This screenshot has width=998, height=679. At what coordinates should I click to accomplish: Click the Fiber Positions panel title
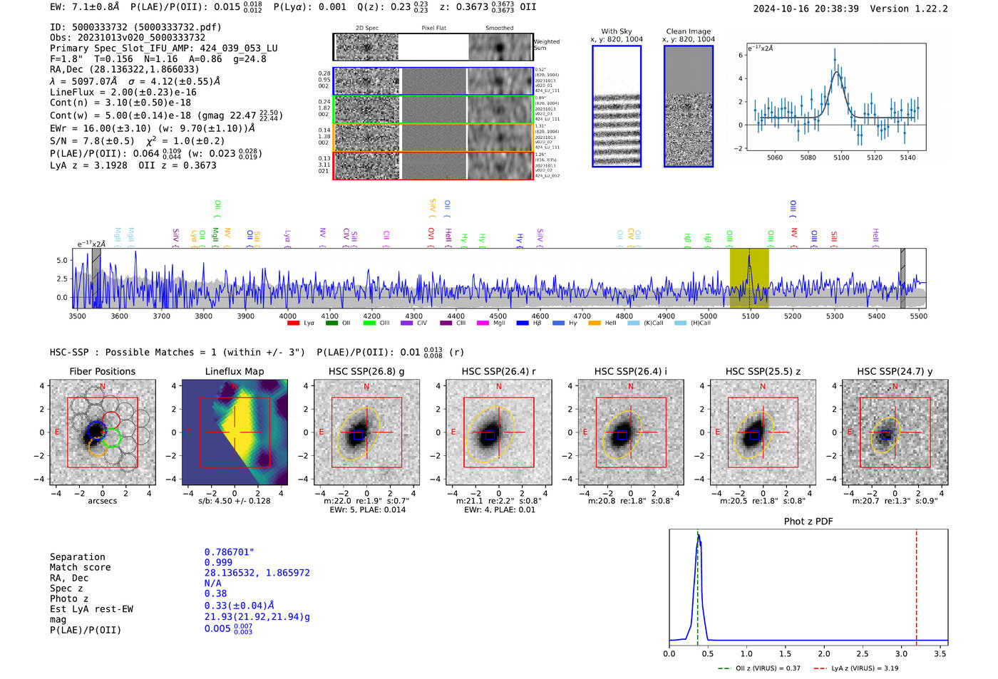point(102,371)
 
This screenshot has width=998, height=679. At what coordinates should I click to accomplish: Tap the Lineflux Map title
point(234,371)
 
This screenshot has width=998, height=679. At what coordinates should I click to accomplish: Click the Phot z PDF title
point(808,522)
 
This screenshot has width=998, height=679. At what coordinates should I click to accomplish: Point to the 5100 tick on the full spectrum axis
point(751,316)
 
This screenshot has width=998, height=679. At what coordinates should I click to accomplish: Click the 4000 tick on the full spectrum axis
point(288,316)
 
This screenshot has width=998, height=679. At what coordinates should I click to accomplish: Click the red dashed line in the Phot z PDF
point(916,584)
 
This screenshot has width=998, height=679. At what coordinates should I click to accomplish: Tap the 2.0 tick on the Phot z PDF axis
point(823,653)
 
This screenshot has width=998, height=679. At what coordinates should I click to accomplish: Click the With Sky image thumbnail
point(617,106)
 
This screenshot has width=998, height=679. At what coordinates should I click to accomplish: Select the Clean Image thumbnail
point(688,106)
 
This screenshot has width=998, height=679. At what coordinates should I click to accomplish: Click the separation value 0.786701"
point(229,552)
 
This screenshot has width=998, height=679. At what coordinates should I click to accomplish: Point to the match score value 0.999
point(218,562)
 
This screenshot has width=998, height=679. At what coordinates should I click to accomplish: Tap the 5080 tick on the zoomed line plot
point(808,157)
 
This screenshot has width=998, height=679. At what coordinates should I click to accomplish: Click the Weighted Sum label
point(546,45)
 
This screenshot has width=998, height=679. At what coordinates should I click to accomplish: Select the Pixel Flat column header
point(433,28)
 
